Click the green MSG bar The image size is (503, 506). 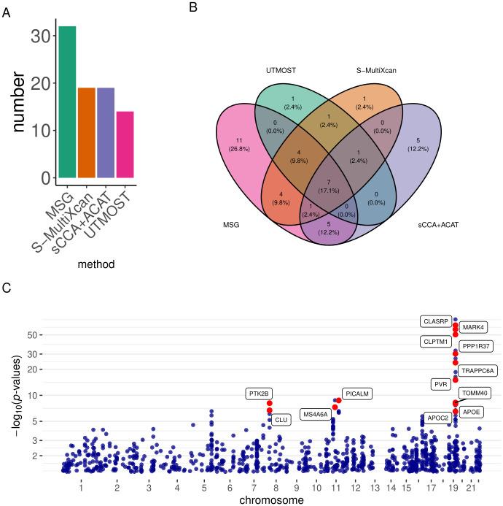click(68, 102)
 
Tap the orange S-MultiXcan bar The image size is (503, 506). click(87, 133)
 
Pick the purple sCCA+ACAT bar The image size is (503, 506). click(106, 133)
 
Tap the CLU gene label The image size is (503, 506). click(281, 420)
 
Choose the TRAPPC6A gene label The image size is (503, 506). click(477, 370)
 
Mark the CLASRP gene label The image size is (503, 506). click(434, 321)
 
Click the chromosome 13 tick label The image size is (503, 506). click(374, 486)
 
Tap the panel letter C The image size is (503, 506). click(7, 287)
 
